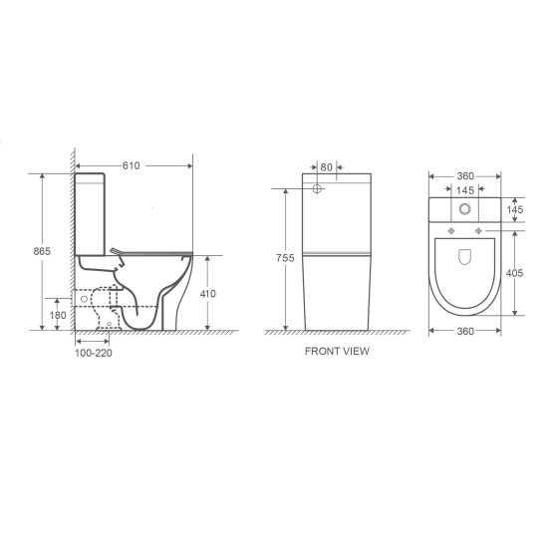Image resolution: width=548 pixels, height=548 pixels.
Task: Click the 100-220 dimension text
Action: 93,353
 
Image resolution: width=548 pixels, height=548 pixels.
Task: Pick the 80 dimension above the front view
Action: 328,168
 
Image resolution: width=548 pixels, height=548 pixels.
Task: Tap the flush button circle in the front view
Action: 317,188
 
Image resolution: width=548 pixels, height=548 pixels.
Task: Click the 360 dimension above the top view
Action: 464,174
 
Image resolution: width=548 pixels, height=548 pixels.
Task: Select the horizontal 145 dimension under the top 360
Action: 464,189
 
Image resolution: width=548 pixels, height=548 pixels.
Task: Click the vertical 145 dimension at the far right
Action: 516,210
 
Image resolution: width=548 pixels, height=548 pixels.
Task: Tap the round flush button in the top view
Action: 465,210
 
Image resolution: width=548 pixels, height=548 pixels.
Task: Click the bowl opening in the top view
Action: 465,258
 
